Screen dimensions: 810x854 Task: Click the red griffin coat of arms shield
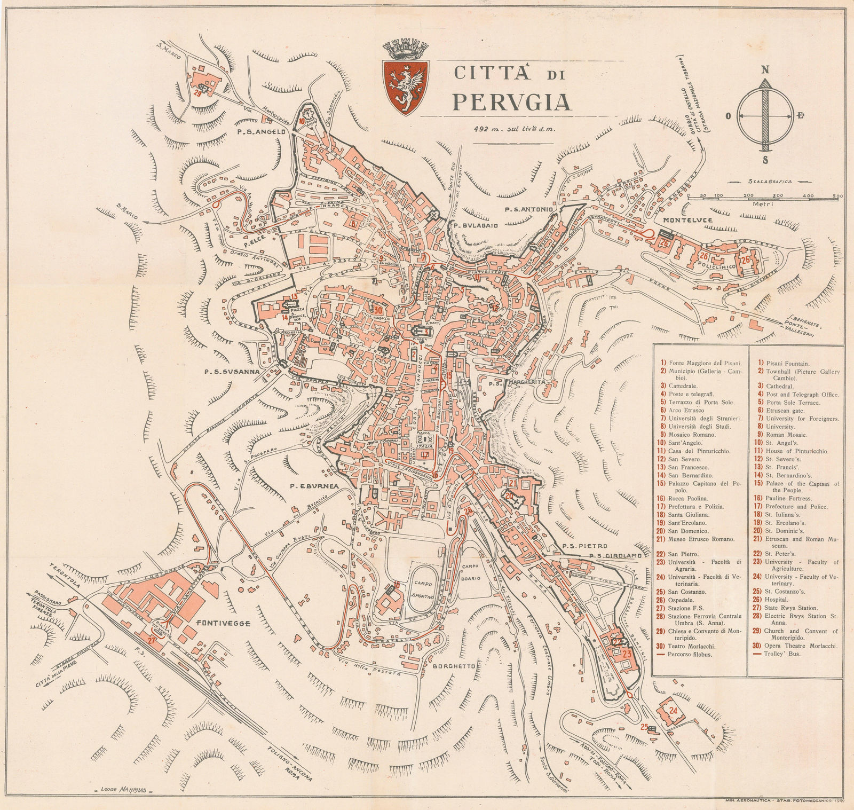pos(406,86)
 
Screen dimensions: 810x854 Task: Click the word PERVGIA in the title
pos(511,102)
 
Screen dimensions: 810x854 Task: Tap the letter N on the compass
pos(765,69)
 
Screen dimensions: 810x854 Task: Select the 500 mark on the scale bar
pos(839,196)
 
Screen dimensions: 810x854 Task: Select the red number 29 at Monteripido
pos(197,93)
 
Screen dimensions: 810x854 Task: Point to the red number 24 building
pos(674,711)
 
